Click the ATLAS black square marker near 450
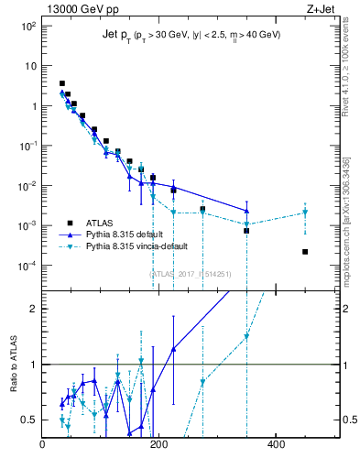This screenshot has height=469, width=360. pyautogui.click(x=305, y=252)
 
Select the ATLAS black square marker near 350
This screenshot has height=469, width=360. pyautogui.click(x=246, y=231)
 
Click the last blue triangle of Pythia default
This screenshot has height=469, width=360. pyautogui.click(x=246, y=211)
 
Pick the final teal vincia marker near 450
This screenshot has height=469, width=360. pyautogui.click(x=305, y=213)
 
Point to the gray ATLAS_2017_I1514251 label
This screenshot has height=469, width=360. pyautogui.click(x=191, y=273)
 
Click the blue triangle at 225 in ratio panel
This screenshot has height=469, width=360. pyautogui.click(x=173, y=349)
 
